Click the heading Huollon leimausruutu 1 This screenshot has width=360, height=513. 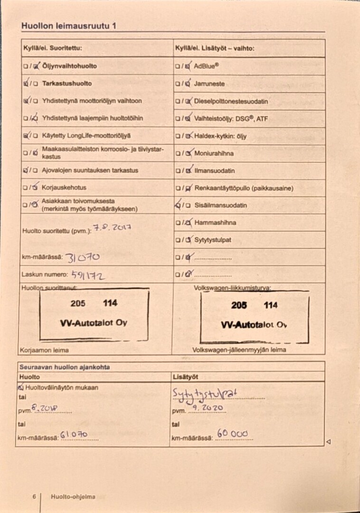68,27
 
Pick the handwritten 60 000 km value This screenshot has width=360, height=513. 232,433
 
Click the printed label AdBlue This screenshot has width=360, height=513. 207,66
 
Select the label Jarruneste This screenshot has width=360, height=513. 209,84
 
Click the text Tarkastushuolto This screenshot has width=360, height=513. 67,84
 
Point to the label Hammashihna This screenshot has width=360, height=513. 215,222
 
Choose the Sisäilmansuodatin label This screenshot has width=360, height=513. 221,206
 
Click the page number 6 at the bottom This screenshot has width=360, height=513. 34,497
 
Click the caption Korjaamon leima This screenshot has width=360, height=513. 44,350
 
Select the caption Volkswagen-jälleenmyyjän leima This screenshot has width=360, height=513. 239,350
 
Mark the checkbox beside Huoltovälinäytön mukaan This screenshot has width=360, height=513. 20,387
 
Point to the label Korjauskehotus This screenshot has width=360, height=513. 64,188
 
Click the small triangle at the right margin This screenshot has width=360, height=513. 328,442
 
